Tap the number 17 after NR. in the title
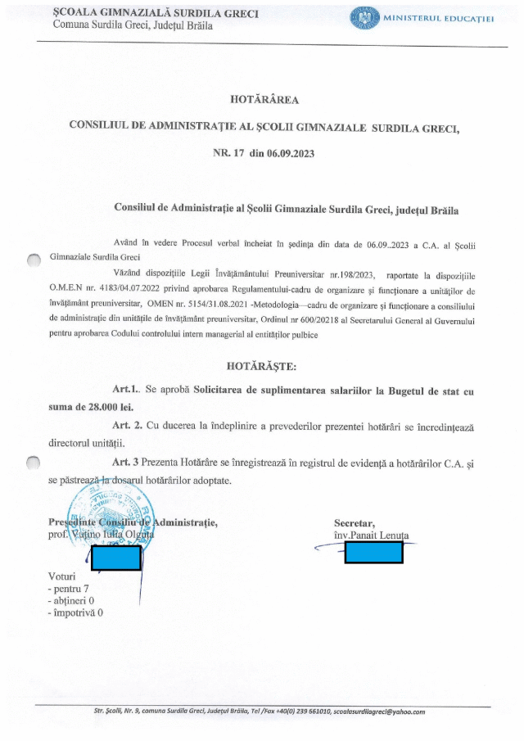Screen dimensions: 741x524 click(239, 153)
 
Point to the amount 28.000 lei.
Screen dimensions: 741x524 click(97, 406)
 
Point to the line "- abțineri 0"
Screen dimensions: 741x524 click(71, 600)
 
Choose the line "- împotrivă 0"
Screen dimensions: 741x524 click(75, 612)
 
